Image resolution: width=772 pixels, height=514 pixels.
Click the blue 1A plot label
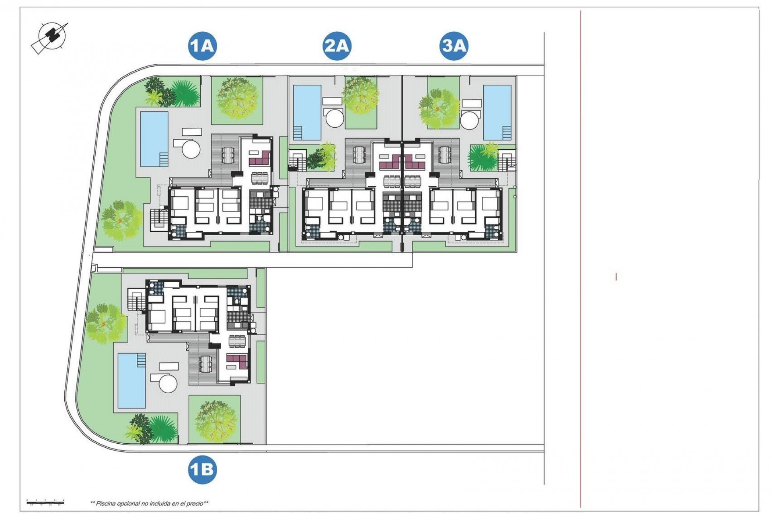click(202, 46)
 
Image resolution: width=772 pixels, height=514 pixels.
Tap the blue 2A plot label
click(337, 46)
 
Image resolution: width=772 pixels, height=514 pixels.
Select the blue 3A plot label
click(454, 46)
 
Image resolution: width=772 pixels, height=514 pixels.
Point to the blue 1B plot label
click(202, 469)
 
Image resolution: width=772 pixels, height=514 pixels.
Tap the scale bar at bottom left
click(45, 501)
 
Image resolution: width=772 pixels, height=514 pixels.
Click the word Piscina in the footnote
click(105, 503)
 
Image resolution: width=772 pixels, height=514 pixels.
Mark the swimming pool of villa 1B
click(132, 380)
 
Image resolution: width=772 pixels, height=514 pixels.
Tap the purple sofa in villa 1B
click(236, 361)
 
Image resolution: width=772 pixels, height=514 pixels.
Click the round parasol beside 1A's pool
click(191, 149)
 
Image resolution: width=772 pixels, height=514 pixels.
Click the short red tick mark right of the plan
click(616, 277)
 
